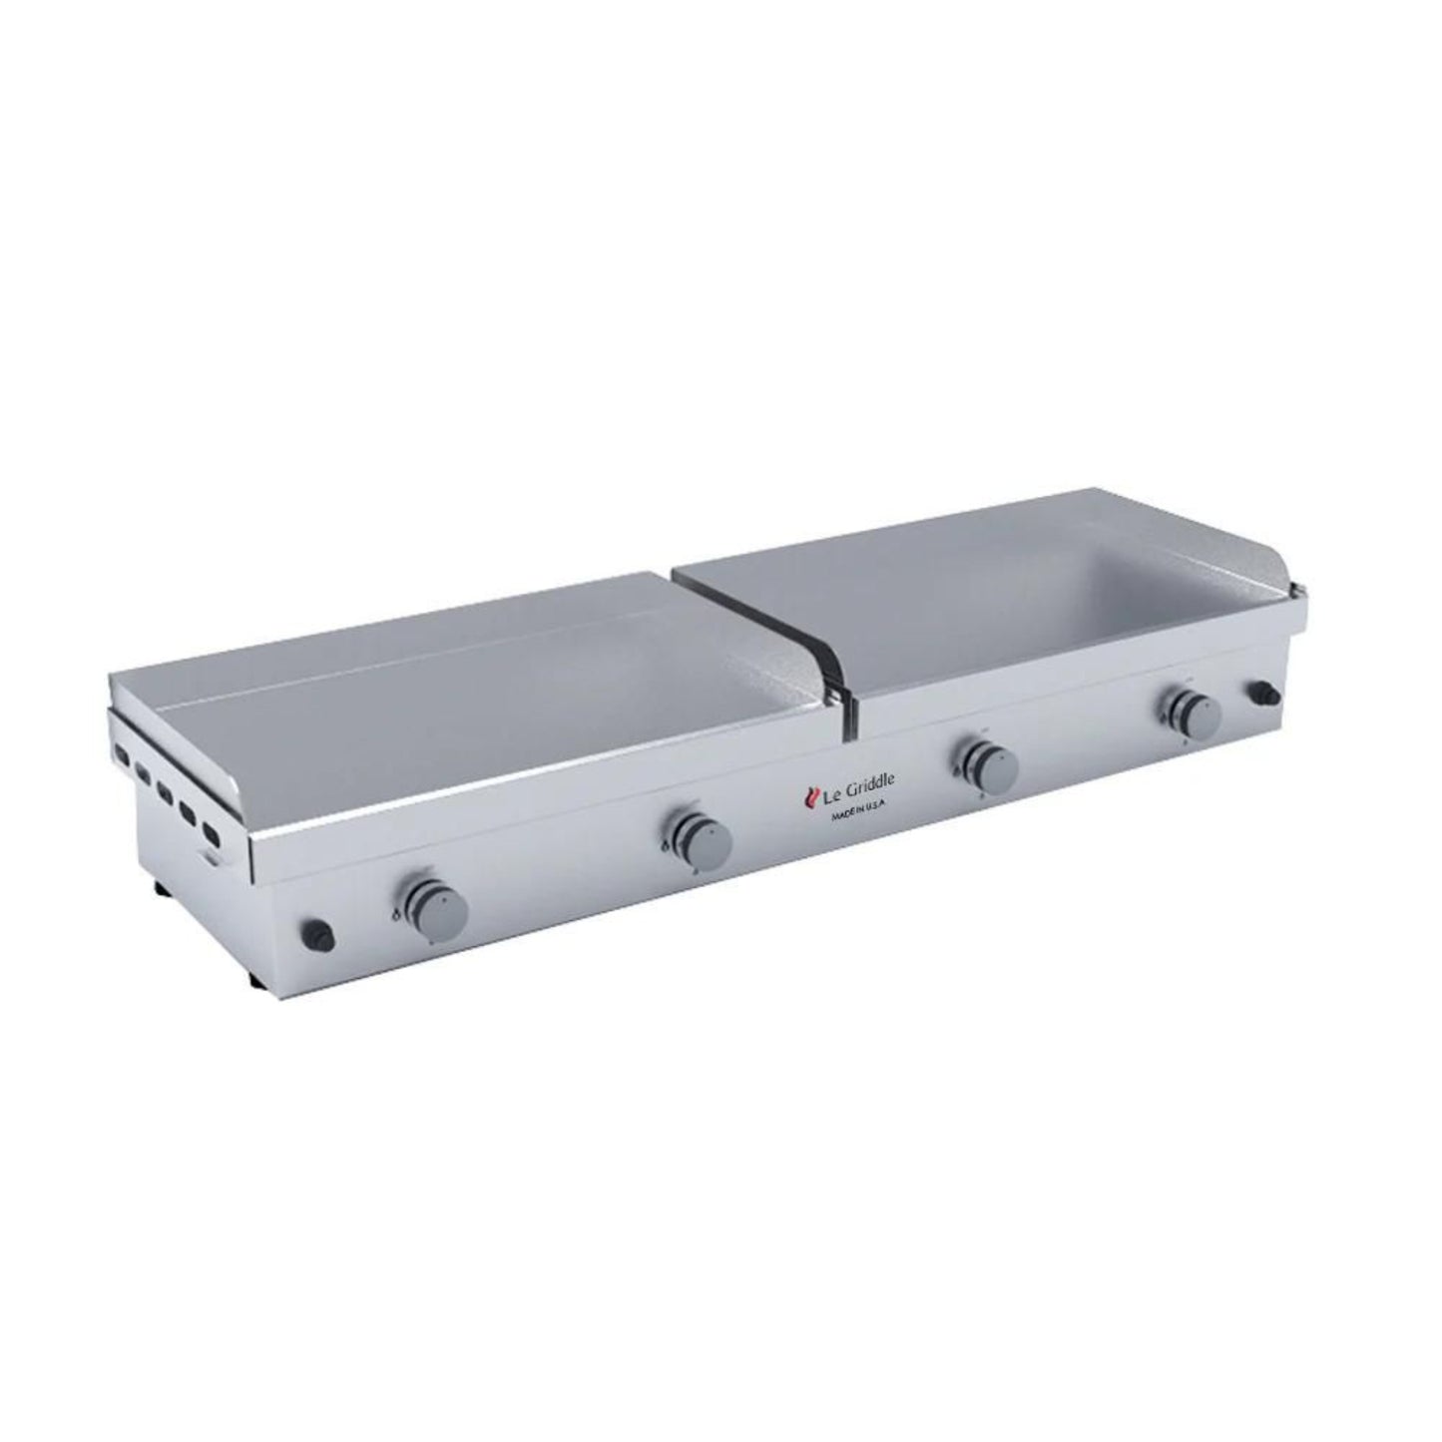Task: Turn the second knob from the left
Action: tap(703, 838)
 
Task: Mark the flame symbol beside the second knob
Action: tap(666, 846)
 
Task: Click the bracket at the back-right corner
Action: tap(1295, 596)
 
